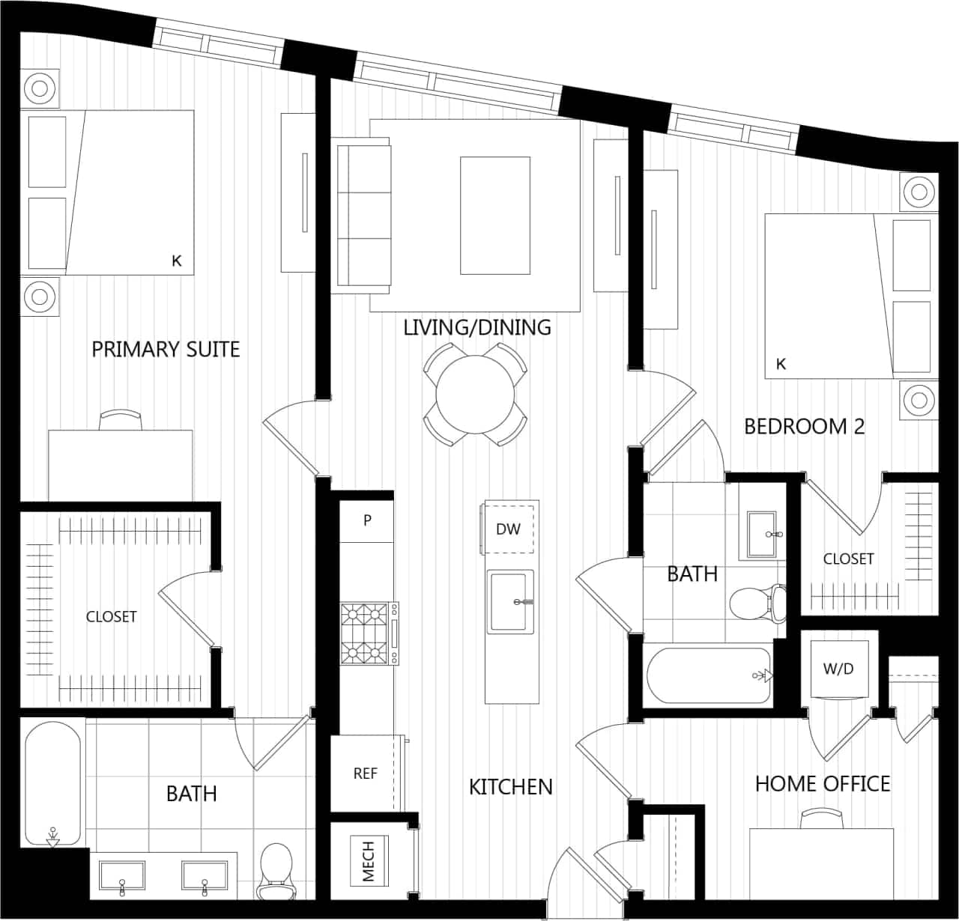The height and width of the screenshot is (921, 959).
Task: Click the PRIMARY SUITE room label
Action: [x=166, y=349]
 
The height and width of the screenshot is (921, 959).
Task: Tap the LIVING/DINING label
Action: [x=477, y=327]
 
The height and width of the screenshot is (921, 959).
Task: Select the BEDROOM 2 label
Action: [x=804, y=427]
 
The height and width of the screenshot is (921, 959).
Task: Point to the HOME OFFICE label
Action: [x=823, y=784]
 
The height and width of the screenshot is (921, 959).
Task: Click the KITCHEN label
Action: [x=510, y=786]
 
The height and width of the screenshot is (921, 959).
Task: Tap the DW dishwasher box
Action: [x=508, y=529]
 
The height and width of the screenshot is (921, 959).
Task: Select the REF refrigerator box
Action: [x=365, y=773]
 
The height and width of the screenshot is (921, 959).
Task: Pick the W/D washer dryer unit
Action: [x=838, y=668]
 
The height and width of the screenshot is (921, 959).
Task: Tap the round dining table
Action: [x=475, y=394]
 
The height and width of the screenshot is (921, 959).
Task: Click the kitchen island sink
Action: [x=510, y=601]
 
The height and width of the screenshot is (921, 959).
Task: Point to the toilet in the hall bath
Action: [x=757, y=602]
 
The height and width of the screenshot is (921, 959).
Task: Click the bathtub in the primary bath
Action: [x=52, y=782]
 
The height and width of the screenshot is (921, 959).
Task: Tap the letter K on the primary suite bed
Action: [x=177, y=261]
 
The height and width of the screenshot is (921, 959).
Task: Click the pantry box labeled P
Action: [x=367, y=520]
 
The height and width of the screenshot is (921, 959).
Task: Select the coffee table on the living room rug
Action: [x=494, y=216]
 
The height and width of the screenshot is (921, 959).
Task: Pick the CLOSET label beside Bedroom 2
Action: [x=848, y=559]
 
